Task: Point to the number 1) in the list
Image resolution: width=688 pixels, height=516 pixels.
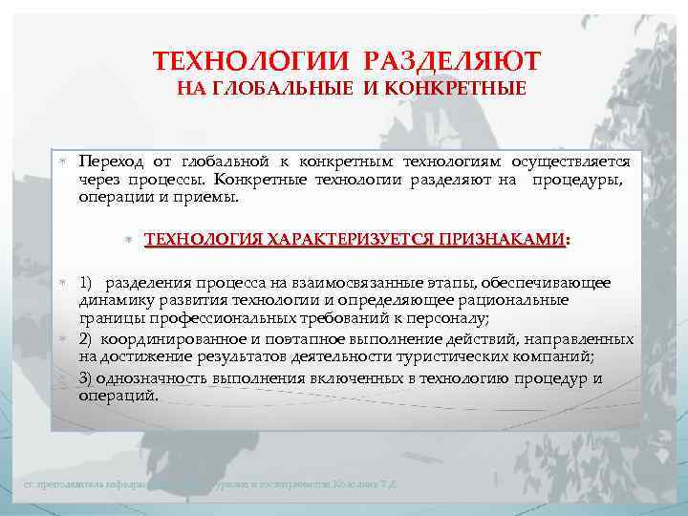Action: (87, 283)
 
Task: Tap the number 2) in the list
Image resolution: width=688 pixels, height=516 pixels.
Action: (87, 338)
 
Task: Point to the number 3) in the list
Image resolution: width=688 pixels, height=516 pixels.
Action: (87, 377)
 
